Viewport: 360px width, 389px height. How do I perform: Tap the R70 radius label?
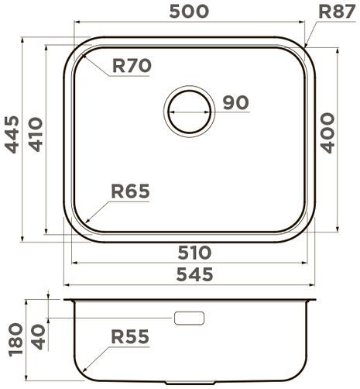pos(131,67)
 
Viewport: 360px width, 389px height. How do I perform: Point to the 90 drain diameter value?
pos(236,102)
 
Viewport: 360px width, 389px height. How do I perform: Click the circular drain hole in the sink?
pos(188,110)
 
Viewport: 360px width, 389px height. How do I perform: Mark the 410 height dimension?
pos(35,133)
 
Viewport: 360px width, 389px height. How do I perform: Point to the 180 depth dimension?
pos(10,338)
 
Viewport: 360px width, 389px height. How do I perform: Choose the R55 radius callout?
pos(129,337)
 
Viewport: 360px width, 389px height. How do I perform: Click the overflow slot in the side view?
pos(190,318)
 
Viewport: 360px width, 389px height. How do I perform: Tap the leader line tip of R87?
pos(307,44)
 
